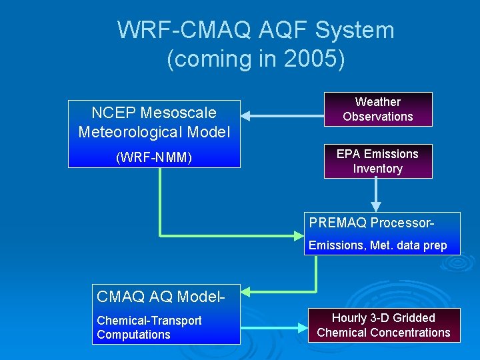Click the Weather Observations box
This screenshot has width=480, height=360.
tap(377, 109)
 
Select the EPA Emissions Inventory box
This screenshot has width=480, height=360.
tap(377, 161)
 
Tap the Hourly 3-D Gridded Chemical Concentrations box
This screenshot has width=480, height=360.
tap(383, 325)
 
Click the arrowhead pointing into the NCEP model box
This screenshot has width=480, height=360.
tap(245, 116)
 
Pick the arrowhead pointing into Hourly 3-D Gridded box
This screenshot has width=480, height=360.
tap(302, 327)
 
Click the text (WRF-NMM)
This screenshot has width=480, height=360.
tap(154, 158)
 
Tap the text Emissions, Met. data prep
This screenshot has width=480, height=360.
tap(377, 245)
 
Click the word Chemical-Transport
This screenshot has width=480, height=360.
tap(149, 321)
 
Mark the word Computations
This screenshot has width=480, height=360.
tap(133, 335)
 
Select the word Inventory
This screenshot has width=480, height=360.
tap(377, 169)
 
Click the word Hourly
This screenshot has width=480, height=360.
tap(351, 318)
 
